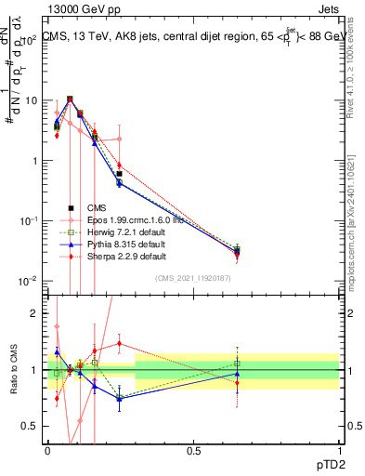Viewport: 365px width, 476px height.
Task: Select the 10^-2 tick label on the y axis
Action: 28,282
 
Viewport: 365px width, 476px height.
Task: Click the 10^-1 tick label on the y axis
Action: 28,221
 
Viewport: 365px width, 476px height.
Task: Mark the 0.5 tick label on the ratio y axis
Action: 30,426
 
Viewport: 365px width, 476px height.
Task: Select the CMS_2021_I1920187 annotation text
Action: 194,278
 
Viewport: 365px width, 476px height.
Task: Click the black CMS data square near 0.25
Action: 119,174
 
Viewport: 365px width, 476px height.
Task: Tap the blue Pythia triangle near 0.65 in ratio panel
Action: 238,374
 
